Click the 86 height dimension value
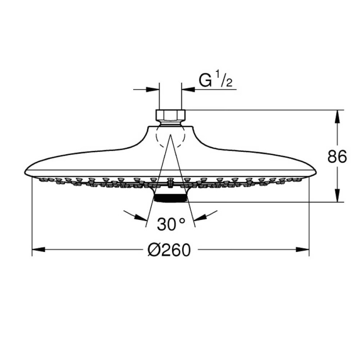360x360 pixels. point(337,157)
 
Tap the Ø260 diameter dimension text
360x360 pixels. point(169,250)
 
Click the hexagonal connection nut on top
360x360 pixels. point(170,115)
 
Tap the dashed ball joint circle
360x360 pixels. point(170,137)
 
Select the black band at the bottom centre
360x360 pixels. point(170,198)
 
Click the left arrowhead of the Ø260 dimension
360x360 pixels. point(38,250)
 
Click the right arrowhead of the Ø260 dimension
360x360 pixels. point(303,250)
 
